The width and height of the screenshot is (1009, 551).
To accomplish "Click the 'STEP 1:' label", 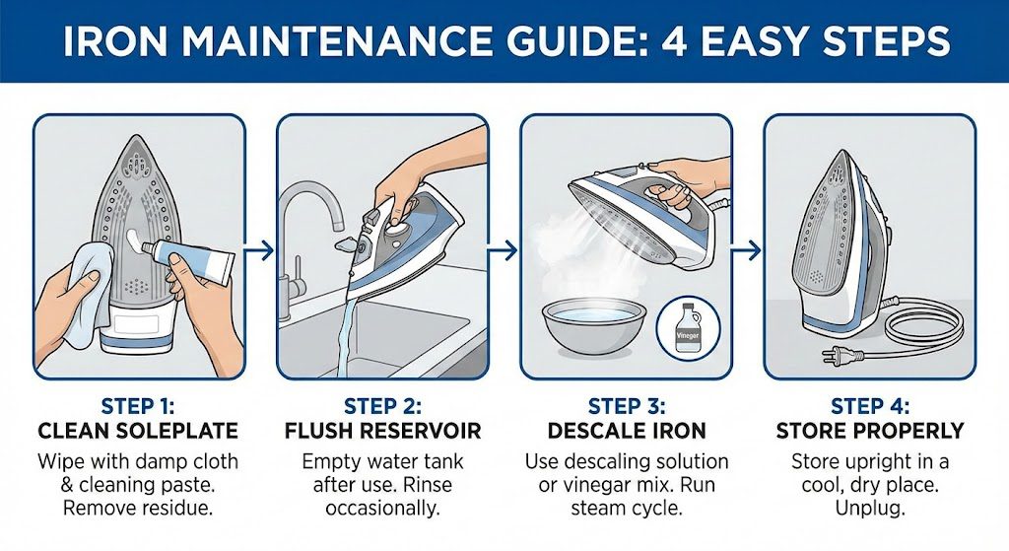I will [x=138, y=406].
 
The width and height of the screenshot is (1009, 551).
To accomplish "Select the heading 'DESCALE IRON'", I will [x=626, y=430].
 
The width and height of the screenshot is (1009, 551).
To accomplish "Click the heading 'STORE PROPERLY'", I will [x=870, y=430].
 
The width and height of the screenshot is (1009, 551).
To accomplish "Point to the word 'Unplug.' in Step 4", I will [x=870, y=509].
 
